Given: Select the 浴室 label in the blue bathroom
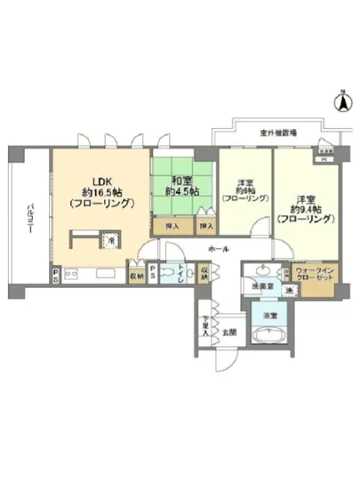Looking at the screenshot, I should (x=268, y=314).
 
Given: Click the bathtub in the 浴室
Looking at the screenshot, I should (x=268, y=336).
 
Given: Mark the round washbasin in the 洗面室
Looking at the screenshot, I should (x=262, y=270).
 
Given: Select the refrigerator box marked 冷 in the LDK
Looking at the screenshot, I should (x=110, y=239).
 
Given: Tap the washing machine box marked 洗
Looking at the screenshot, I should (x=289, y=290).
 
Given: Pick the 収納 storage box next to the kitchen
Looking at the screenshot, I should (x=135, y=275).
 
